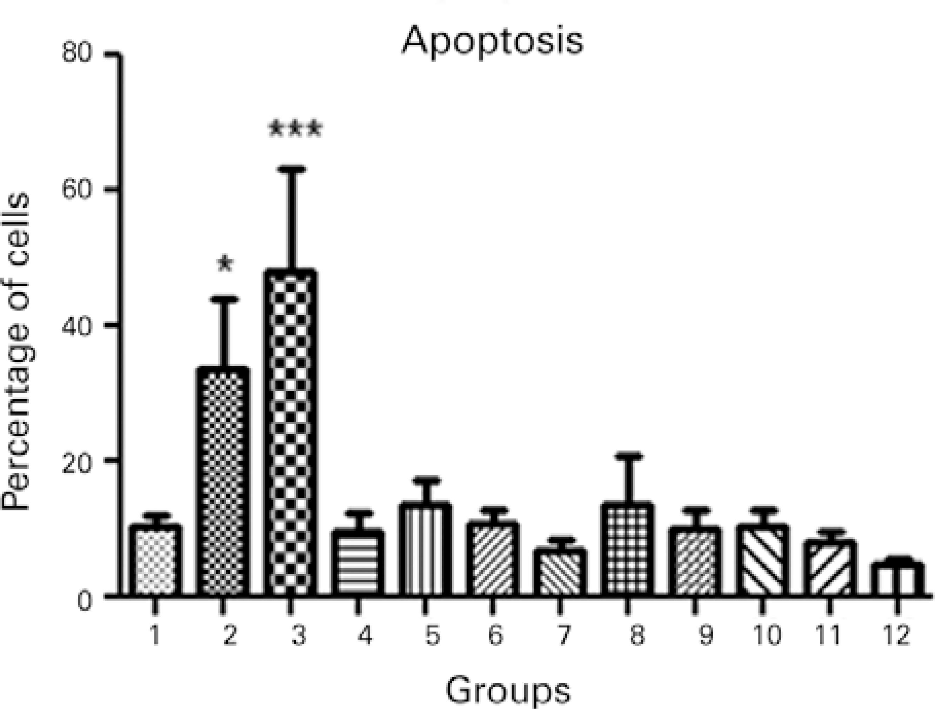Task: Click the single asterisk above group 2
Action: point(225,264)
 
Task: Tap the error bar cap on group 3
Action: point(291,169)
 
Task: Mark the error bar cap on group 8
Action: point(628,456)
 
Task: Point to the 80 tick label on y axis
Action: point(77,54)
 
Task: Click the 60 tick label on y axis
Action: point(77,189)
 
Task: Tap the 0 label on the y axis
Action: point(85,601)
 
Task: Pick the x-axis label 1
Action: point(155,635)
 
